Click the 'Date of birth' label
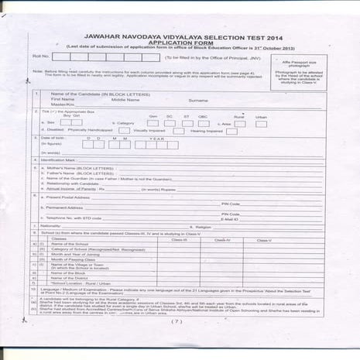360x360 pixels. point(53,138)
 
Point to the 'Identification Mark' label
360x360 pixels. point(63,160)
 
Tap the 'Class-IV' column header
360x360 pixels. point(222,239)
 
